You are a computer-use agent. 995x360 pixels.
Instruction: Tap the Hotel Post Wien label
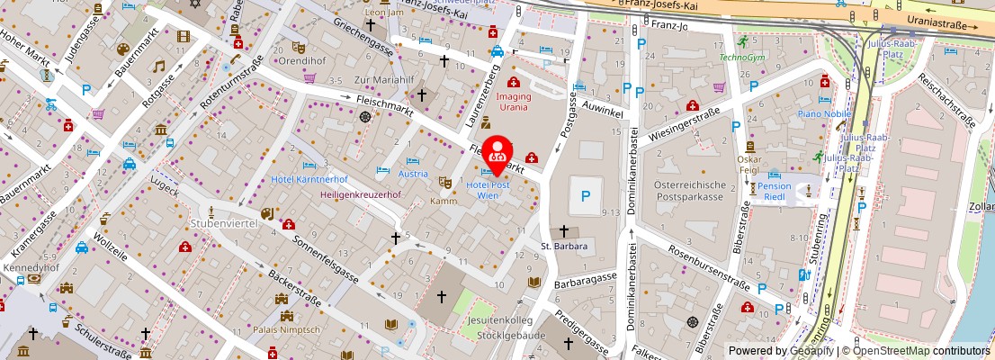pyautogui.click(x=489, y=190)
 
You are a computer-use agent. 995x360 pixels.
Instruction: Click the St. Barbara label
pyautogui.click(x=564, y=246)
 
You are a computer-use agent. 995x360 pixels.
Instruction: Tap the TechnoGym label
pyautogui.click(x=741, y=58)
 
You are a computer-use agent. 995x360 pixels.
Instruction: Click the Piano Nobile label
pyautogui.click(x=824, y=114)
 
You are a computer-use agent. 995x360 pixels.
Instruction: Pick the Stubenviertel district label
pyautogui.click(x=224, y=222)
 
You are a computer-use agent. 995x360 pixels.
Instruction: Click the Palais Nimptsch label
pyautogui.click(x=287, y=329)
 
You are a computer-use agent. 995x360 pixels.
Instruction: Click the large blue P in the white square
pyautogui.click(x=587, y=195)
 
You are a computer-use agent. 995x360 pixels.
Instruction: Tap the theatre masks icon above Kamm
pyautogui.click(x=444, y=182)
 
